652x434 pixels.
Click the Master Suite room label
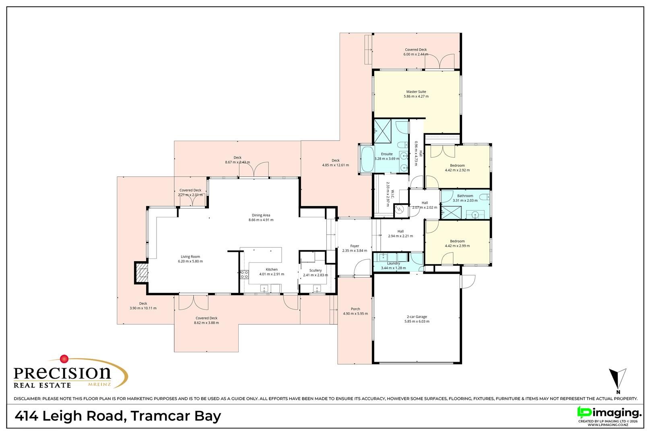416,92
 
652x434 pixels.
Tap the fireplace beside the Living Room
141,273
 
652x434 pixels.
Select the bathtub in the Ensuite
367,159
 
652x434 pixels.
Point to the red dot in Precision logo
64,359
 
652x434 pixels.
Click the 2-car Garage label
417,317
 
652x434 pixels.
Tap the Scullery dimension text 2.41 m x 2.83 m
315,275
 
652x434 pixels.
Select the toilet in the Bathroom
484,197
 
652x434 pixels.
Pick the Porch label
355,309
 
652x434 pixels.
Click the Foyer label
355,246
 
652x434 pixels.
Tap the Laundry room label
393,263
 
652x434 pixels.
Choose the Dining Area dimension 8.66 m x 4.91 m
261,220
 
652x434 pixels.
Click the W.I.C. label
392,194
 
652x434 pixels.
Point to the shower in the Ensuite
382,131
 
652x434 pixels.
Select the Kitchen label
272,270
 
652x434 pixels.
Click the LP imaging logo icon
584,412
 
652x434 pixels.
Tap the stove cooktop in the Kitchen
244,274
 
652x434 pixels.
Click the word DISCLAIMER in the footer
27,399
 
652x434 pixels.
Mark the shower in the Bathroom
452,213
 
